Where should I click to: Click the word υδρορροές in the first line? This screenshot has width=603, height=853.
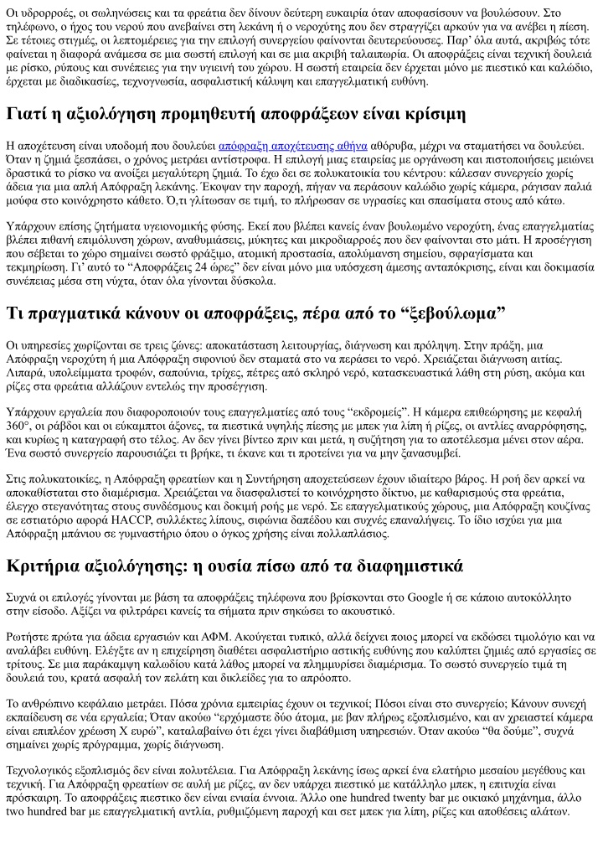[x=46, y=13]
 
